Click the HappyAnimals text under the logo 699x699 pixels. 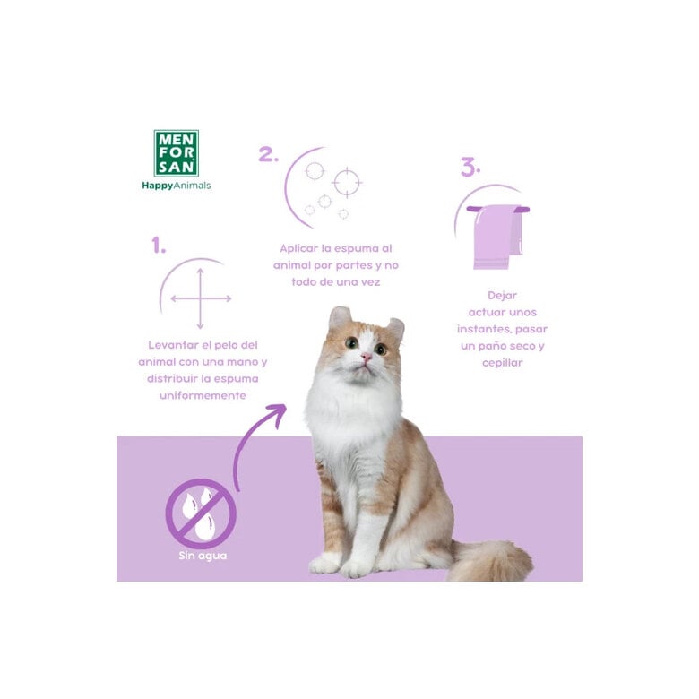pos(176,186)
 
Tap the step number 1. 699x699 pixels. pos(159,246)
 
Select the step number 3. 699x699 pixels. pos(470,167)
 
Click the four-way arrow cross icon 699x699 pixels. pos(201,298)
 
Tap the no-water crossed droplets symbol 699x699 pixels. pos(201,513)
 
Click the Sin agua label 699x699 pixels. pos(201,557)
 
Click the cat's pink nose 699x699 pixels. pos(366,356)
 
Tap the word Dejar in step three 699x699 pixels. pos(502,295)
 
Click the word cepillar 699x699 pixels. pos(501,363)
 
